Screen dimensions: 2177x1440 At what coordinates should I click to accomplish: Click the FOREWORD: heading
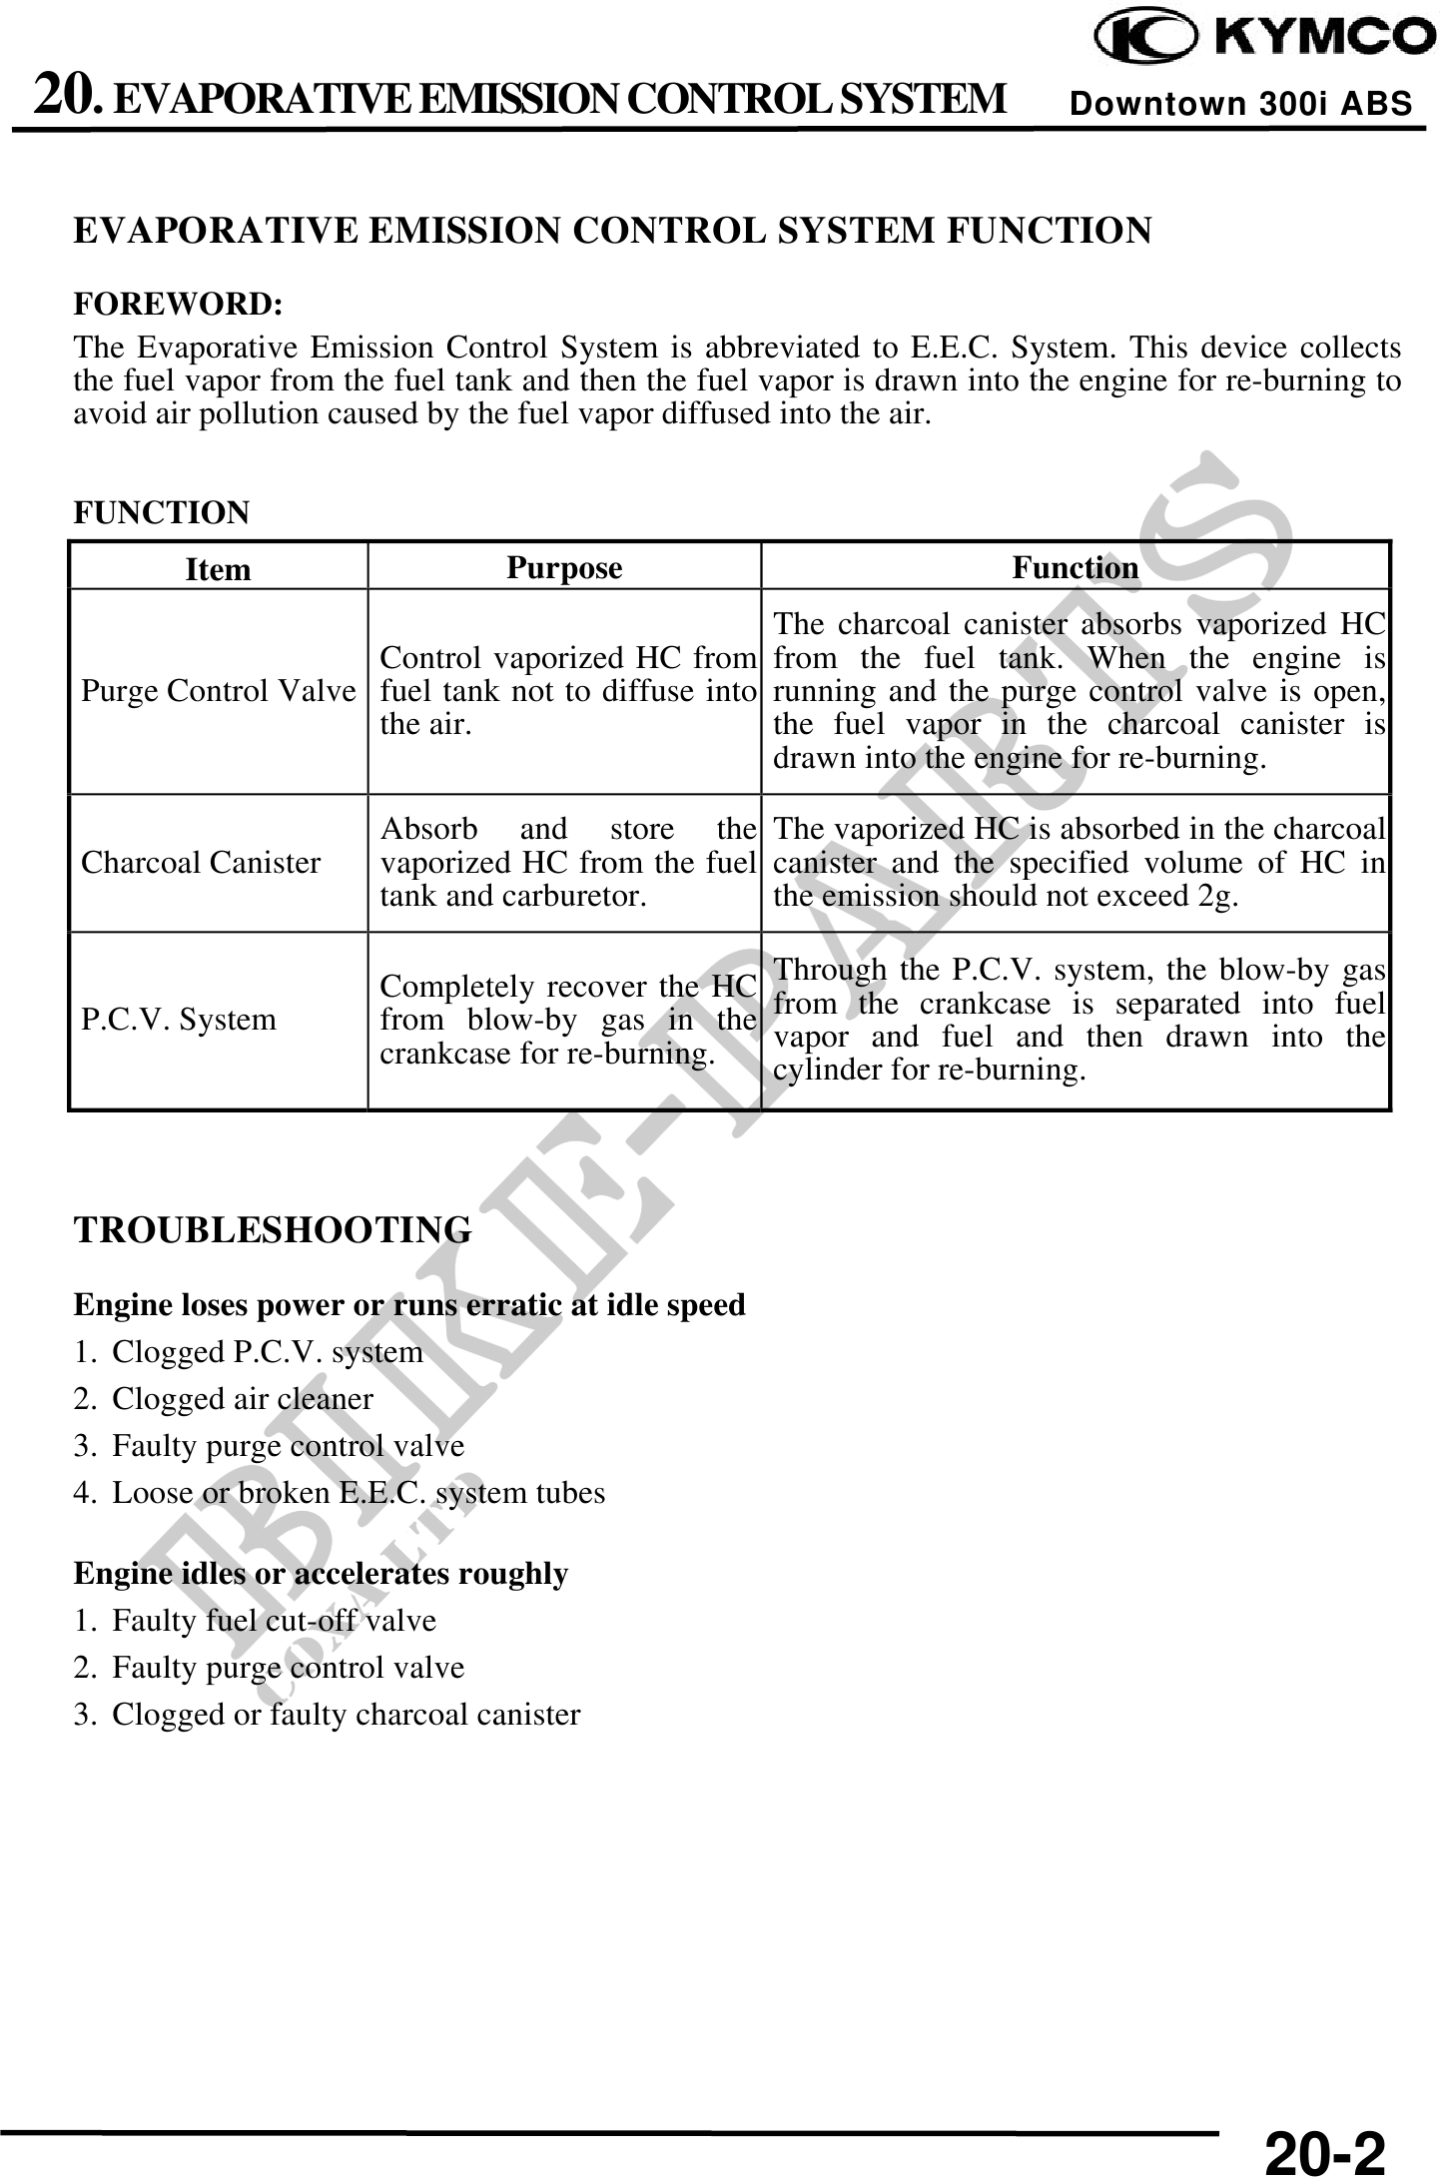coord(178,303)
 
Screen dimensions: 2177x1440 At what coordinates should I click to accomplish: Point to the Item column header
coord(218,569)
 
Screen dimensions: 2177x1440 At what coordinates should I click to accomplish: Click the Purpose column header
coord(564,567)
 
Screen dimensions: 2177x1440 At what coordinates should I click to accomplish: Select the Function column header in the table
coord(1076,567)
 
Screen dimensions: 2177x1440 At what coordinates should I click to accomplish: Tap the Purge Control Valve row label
coord(218,691)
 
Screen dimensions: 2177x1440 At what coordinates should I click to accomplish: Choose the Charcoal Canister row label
coord(201,863)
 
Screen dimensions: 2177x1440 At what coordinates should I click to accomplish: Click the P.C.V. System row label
coord(178,1020)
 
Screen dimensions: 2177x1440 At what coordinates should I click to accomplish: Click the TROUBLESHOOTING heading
coord(273,1229)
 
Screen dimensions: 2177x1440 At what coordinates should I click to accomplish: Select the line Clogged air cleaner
coord(242,1399)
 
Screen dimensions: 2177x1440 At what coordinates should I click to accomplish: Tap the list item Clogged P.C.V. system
coord(267,1352)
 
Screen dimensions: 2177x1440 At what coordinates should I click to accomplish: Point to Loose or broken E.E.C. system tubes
coord(358,1493)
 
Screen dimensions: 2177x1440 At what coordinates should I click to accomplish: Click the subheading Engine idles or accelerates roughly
coord(321,1574)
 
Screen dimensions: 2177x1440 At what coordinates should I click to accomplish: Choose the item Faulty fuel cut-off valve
coord(274,1620)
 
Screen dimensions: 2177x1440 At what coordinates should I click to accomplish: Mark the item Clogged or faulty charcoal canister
coord(346,1714)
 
